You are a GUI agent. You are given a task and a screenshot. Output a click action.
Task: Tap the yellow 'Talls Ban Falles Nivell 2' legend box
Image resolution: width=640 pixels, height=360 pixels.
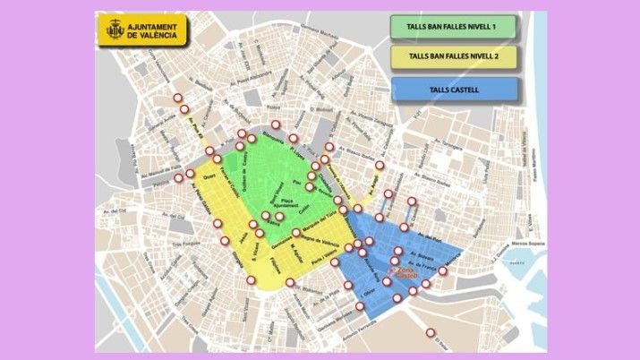tap(454, 57)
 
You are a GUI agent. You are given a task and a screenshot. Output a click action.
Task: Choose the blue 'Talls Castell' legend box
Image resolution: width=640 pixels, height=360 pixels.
tap(454, 89)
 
